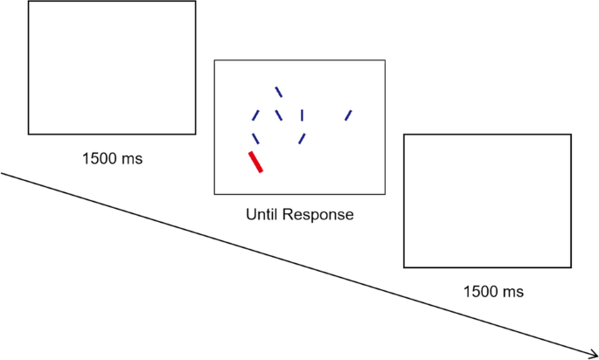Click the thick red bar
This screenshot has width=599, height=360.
click(x=255, y=162)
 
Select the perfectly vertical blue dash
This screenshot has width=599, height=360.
click(x=302, y=114)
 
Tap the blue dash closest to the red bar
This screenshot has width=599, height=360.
click(x=254, y=138)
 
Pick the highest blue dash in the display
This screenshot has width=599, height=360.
click(x=278, y=91)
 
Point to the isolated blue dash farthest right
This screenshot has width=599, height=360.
click(x=348, y=114)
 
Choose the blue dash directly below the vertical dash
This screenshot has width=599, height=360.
click(x=302, y=138)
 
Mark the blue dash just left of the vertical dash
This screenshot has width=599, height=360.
click(x=278, y=114)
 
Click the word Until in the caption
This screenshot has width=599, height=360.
click(x=263, y=214)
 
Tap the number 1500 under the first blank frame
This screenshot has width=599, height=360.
click(x=98, y=159)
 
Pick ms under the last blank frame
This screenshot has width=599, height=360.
click(x=509, y=292)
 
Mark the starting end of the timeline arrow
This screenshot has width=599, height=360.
click(x=2, y=173)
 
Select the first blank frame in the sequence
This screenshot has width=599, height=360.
click(x=112, y=67)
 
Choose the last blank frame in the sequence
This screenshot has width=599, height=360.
click(x=487, y=201)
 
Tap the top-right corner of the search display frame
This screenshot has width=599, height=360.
click(x=385, y=60)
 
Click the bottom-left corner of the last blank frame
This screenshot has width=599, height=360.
click(x=404, y=267)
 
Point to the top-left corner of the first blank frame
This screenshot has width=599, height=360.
click(x=29, y=2)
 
